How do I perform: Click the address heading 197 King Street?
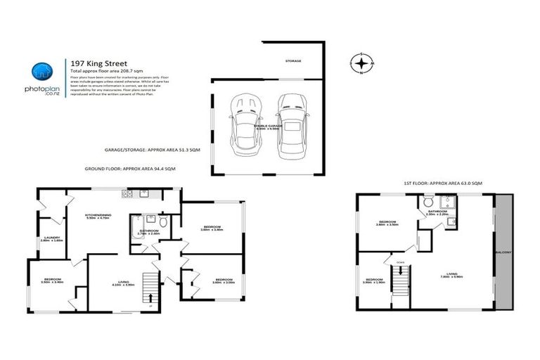(96, 63)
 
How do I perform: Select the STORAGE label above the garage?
(293, 61)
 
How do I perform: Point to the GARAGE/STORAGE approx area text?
(152, 150)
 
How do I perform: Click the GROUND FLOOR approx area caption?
(139, 169)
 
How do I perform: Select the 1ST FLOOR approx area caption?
(433, 183)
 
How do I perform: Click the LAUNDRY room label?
(51, 238)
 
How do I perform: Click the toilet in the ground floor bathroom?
(163, 222)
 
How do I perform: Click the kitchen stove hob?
(127, 193)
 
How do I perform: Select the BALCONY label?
(503, 251)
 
